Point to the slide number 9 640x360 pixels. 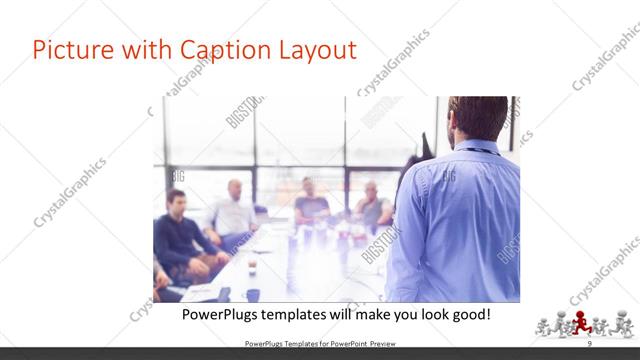[589, 344]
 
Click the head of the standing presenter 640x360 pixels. [478, 118]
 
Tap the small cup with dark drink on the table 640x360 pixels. [251, 267]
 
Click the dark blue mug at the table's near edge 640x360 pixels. [253, 294]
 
